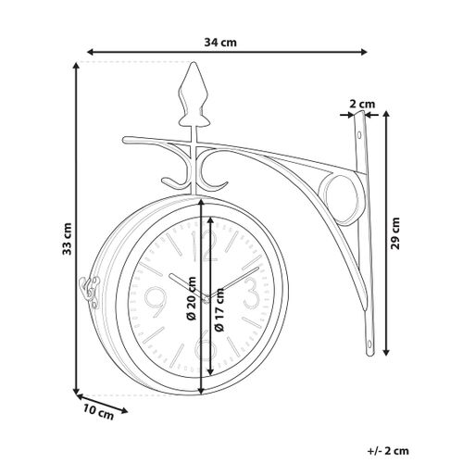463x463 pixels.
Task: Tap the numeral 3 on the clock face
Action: point(250,295)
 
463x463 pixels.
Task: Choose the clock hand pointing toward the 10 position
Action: point(185,283)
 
